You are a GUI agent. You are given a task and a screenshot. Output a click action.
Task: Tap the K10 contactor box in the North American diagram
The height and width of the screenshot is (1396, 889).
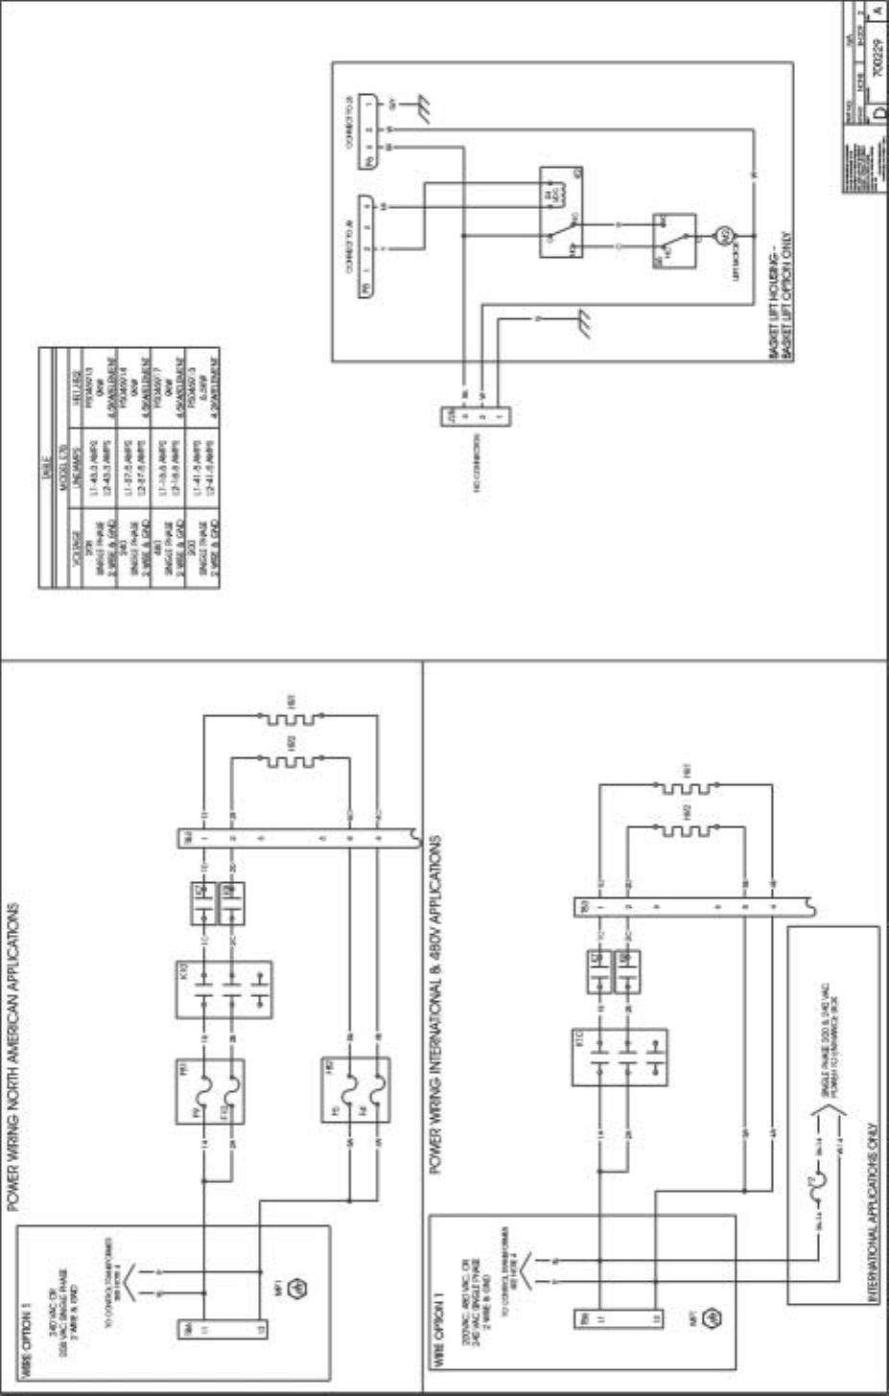coord(223,989)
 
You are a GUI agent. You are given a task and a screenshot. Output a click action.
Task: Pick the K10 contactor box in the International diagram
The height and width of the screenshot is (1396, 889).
coord(620,1057)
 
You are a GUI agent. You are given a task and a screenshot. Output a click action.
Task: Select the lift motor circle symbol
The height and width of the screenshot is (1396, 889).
coord(725,234)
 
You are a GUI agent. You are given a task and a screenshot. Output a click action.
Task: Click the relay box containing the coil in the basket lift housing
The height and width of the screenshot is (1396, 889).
coord(562,213)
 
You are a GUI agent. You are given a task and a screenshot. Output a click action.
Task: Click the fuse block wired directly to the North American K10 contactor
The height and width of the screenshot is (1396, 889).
coord(210,1092)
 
